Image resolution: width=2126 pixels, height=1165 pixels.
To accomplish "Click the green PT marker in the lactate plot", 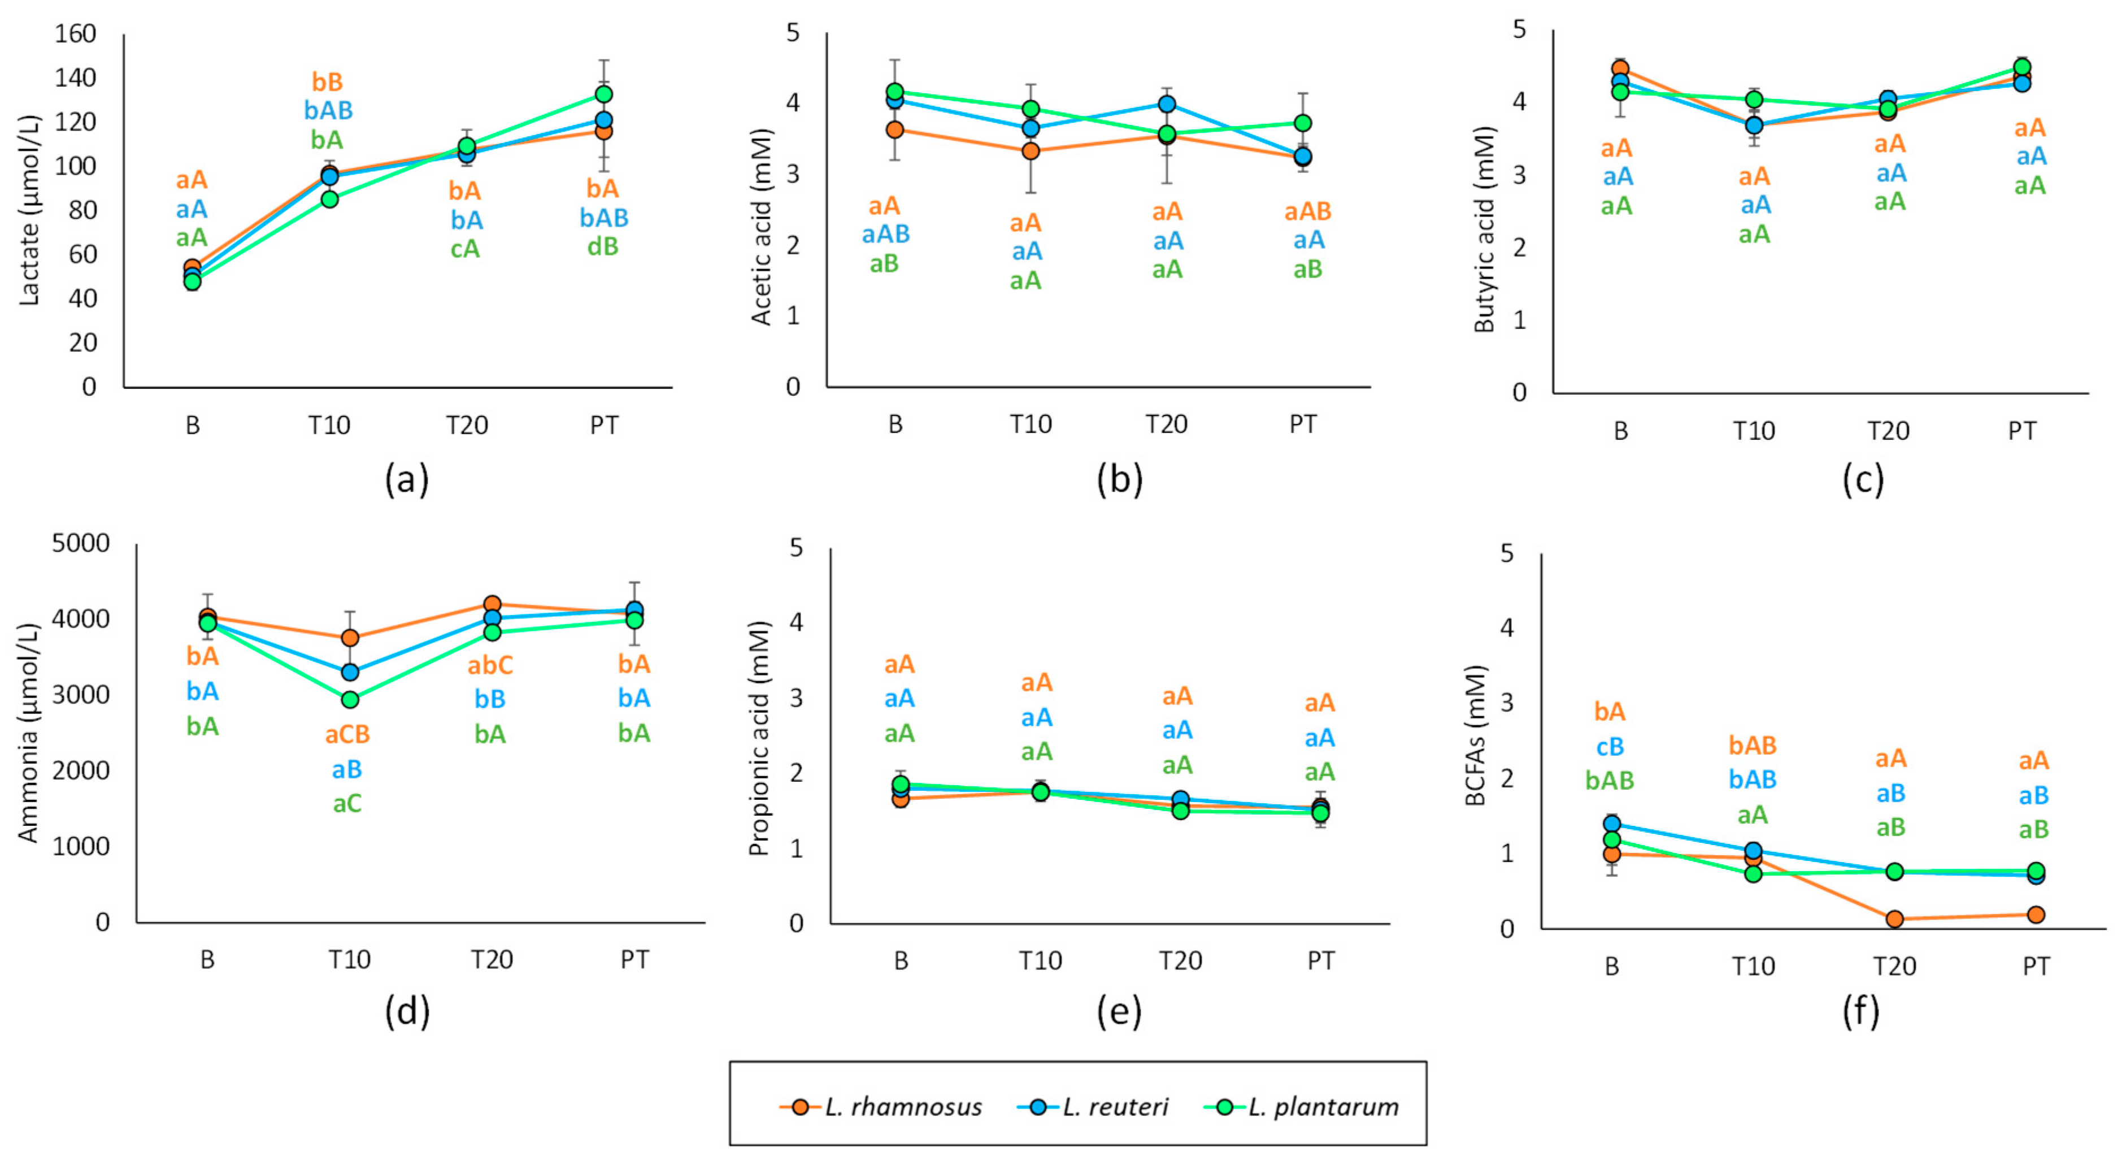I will pos(603,94).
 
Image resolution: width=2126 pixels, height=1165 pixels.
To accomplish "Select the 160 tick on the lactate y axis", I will pos(75,34).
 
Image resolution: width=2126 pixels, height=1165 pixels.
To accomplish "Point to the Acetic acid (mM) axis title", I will pos(761,227).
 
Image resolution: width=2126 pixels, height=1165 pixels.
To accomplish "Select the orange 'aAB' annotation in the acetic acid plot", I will pos(1307,211).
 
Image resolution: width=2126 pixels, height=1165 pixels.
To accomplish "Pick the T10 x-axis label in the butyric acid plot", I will pos(1754,431).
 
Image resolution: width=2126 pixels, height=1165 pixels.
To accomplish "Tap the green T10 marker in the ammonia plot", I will pos(350,699).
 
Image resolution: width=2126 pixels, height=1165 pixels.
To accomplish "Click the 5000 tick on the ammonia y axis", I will pos(80,543).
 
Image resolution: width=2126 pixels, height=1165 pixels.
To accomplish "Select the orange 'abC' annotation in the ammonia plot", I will pos(490,665).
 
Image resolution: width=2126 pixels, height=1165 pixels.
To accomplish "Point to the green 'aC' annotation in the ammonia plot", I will pos(347,803).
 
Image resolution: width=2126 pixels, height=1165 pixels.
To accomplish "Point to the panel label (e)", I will pos(1119,1011).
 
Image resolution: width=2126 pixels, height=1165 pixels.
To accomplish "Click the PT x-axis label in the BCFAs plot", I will pos(2035,966).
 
